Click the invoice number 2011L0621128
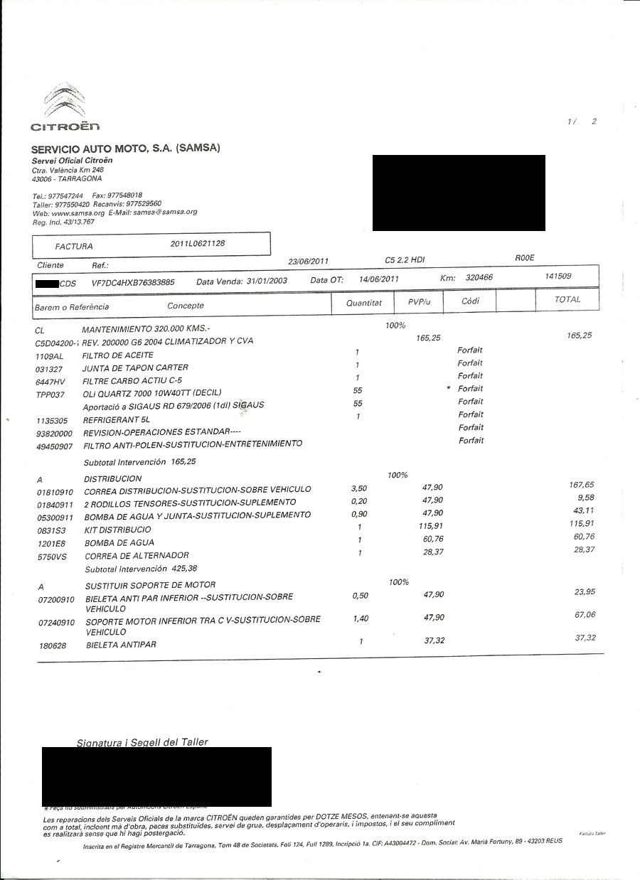(198, 243)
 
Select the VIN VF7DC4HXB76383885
(133, 282)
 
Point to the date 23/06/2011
(308, 261)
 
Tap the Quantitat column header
(364, 303)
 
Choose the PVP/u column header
(420, 302)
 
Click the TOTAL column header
(567, 299)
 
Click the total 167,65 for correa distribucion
(581, 485)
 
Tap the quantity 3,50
(360, 488)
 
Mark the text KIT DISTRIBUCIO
(117, 530)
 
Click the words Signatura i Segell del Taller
(142, 742)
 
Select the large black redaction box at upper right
(459, 193)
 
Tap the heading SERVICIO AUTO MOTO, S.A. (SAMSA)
(125, 148)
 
